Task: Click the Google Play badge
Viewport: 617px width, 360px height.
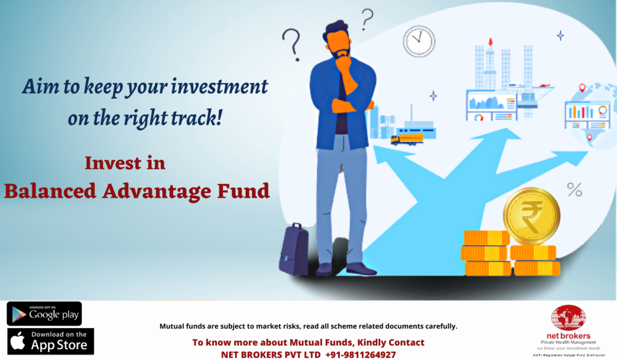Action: pos(44,314)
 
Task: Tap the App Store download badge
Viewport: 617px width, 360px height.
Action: pos(51,341)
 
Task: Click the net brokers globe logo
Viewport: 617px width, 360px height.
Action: pos(568,317)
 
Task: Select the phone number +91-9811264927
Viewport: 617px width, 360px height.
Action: pos(360,355)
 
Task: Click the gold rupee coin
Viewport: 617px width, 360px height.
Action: pos(531,215)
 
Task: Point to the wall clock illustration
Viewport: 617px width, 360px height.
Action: pos(419,42)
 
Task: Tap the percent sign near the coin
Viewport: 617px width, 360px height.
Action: pos(574,190)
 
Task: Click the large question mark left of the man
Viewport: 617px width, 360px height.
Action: pos(292,45)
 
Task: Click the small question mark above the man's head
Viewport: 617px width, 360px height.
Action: pos(367,19)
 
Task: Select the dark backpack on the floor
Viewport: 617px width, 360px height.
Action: pos(293,249)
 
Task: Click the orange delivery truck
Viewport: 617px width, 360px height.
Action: pos(407,139)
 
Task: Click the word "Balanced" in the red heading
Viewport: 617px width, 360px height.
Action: pos(50,191)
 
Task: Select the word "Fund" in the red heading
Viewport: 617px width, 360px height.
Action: pos(243,191)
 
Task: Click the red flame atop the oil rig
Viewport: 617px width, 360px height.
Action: pos(490,42)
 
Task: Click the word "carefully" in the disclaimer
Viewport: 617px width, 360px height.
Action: pos(440,326)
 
